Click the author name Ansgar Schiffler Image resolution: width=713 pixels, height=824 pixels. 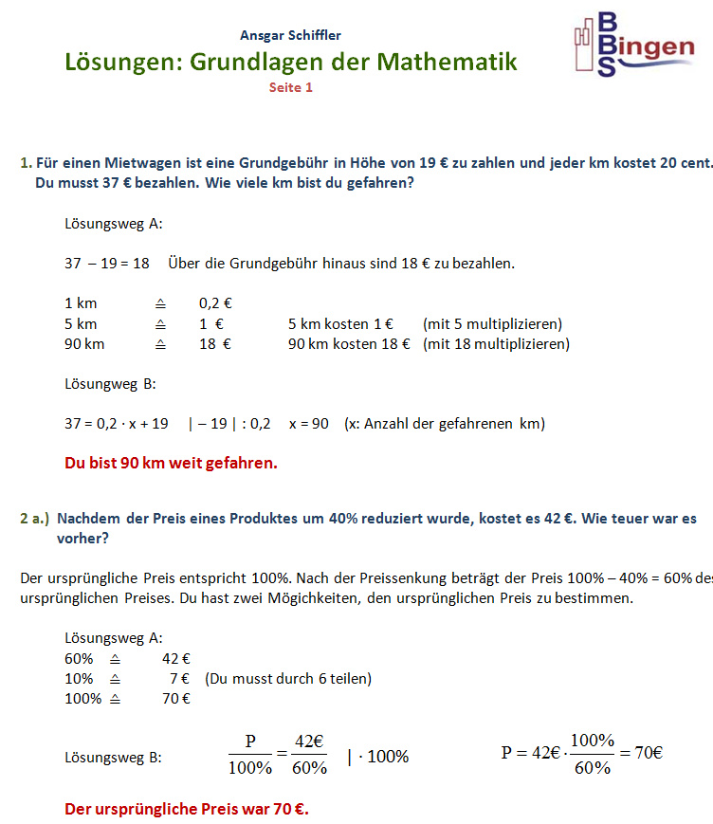[x=290, y=36]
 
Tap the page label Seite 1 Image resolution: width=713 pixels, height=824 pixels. [x=290, y=87]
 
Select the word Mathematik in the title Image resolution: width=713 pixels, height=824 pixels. [x=447, y=63]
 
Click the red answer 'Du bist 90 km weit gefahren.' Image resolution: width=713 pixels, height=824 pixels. [x=171, y=464]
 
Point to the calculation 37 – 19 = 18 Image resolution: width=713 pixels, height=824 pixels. [x=107, y=263]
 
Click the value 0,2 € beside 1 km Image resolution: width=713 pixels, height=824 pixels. [x=215, y=303]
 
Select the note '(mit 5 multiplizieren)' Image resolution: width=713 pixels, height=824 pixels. [x=492, y=323]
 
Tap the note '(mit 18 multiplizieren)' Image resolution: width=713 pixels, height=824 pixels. [x=496, y=343]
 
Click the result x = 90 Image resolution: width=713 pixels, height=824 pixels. [x=308, y=424]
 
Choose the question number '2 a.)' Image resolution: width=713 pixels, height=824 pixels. [x=34, y=519]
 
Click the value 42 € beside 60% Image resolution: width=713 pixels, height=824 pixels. [x=176, y=658]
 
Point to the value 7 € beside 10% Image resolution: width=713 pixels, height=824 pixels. [x=179, y=679]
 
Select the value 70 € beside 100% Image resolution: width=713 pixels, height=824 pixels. [x=176, y=699]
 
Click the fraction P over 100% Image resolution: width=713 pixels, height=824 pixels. [x=250, y=755]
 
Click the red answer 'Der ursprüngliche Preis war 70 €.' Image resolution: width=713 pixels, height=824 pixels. [x=187, y=809]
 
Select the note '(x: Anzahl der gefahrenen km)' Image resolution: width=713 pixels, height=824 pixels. [x=444, y=424]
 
